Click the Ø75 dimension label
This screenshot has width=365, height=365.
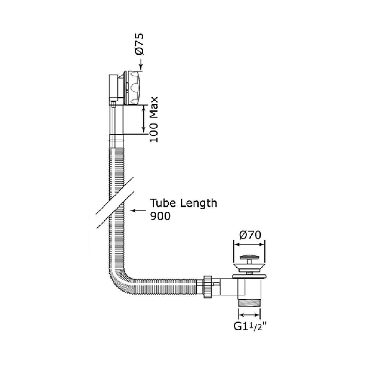[x=140, y=45]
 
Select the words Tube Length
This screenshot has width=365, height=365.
[x=184, y=203]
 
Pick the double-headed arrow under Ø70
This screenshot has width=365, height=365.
[x=249, y=244]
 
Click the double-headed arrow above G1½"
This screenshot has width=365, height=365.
[x=249, y=314]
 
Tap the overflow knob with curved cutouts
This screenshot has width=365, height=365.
[x=134, y=88]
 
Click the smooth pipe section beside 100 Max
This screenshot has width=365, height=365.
[x=116, y=122]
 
